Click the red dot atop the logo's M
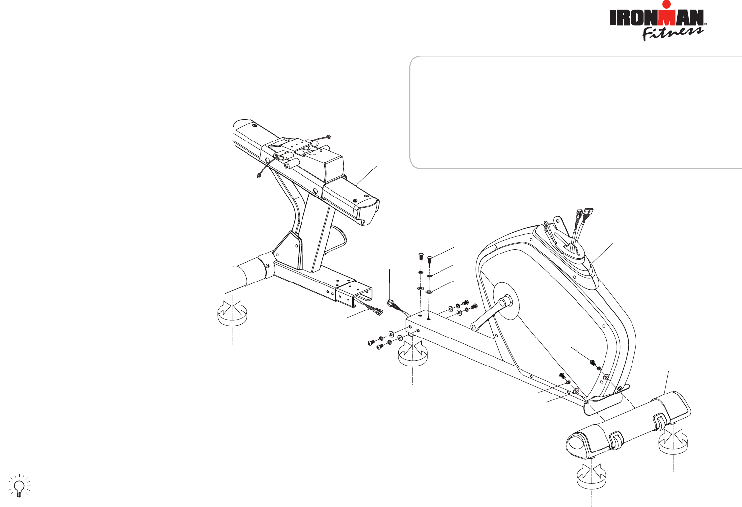pyautogui.click(x=666, y=4)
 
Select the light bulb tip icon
pyautogui.click(x=19, y=485)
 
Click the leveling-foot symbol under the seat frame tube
pyautogui.click(x=231, y=312)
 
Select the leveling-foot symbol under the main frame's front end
pyautogui.click(x=413, y=355)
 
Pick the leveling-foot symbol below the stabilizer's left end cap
pyautogui.click(x=591, y=479)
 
